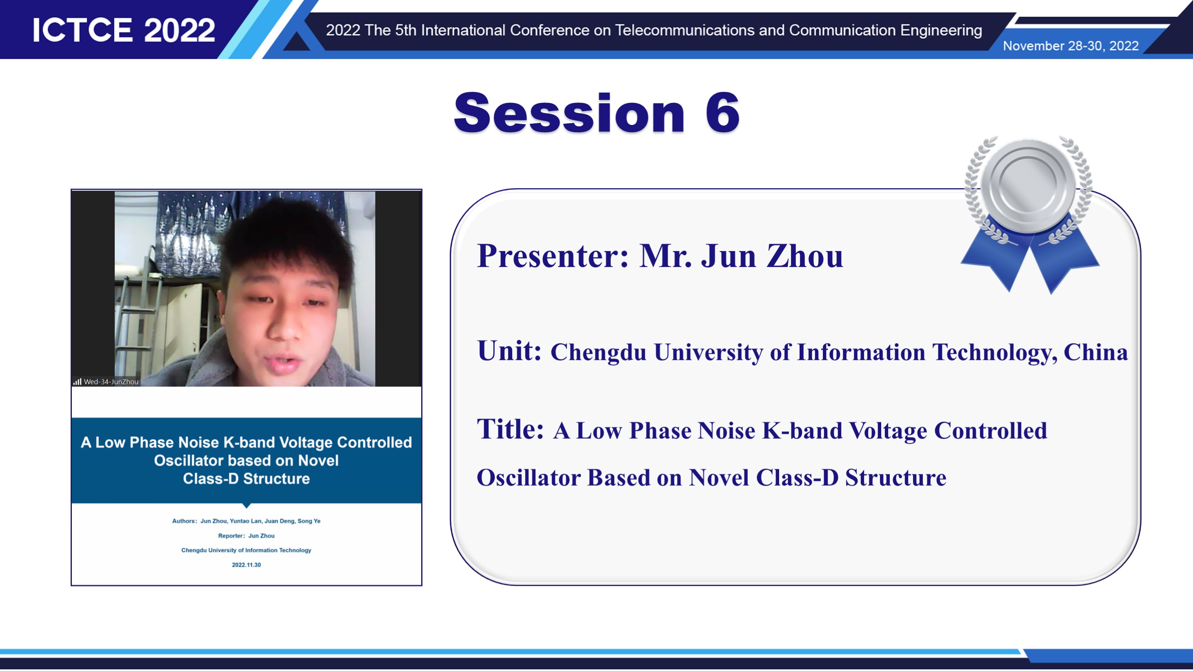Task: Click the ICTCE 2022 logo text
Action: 124,30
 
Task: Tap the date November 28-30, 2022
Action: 1071,46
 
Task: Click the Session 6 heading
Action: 597,113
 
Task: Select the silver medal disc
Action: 1028,185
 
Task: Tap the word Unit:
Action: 509,351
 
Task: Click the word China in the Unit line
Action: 1096,352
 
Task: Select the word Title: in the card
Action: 510,429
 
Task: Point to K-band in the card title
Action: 802,431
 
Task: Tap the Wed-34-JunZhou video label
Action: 111,382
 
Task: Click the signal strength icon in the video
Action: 77,382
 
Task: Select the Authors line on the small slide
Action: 247,521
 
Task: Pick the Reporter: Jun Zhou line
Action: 247,536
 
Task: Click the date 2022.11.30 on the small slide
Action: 247,565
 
